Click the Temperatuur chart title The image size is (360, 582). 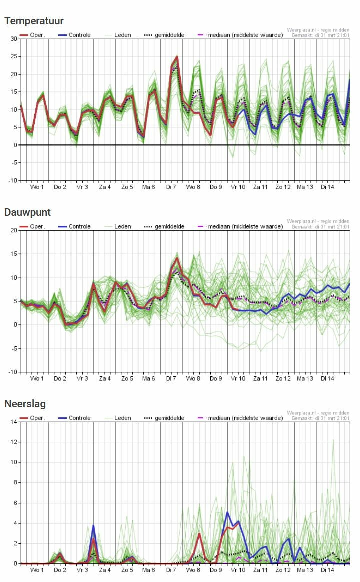(x=34, y=21)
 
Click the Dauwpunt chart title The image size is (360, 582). (x=28, y=212)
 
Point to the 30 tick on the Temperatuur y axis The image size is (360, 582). (x=13, y=39)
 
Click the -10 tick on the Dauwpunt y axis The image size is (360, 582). (x=12, y=372)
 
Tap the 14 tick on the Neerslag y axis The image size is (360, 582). (x=13, y=422)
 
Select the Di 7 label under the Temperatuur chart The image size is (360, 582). (x=171, y=187)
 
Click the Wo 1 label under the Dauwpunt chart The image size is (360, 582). (x=37, y=379)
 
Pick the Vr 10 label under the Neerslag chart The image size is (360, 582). (x=238, y=570)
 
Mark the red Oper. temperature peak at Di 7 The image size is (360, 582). (x=177, y=57)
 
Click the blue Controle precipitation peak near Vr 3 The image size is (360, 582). (x=93, y=525)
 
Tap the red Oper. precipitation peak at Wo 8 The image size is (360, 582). (x=199, y=533)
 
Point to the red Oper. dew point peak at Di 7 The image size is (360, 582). (x=177, y=258)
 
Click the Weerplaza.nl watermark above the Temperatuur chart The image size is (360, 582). (x=318, y=30)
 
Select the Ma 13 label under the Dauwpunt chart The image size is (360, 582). (x=305, y=379)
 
